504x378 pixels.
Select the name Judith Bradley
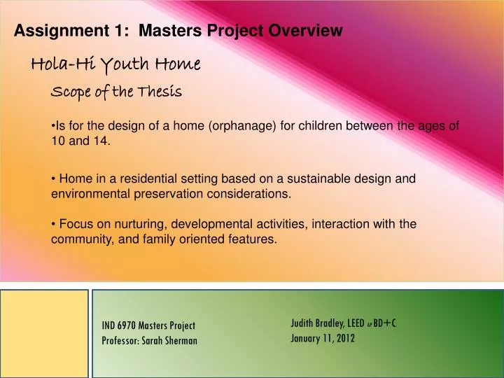(316, 323)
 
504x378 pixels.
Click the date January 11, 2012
(323, 338)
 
